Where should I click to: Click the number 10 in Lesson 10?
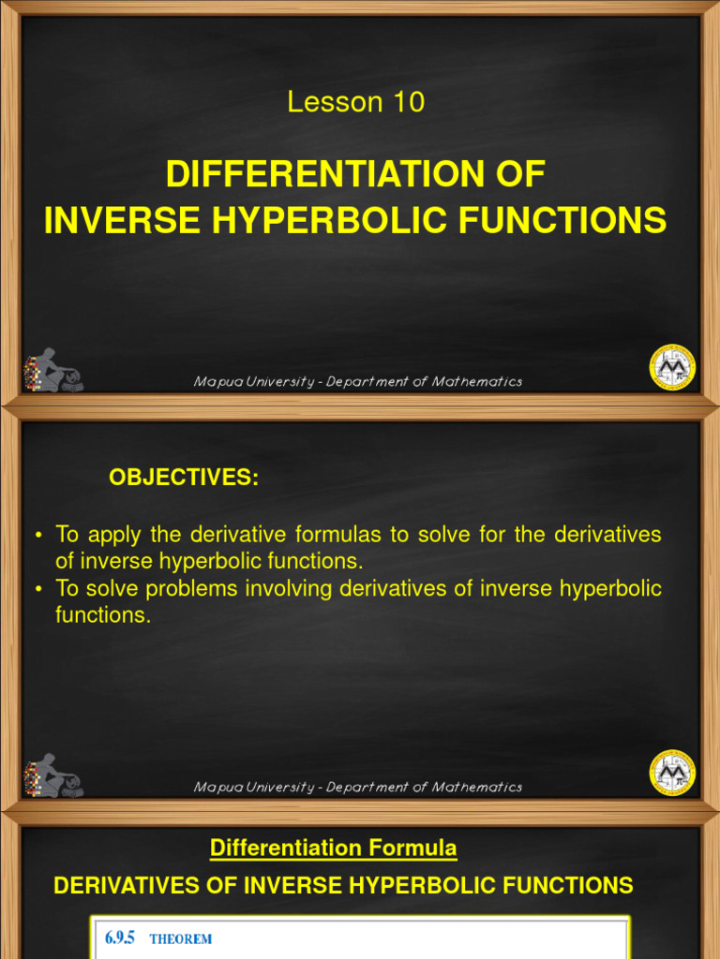tap(409, 103)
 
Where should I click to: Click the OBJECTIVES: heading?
tap(184, 478)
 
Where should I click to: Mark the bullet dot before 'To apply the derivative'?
tap(38, 536)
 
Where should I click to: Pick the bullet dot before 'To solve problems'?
tap(38, 590)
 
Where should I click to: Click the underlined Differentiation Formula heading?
tap(333, 848)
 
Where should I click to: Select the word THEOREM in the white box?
tap(181, 939)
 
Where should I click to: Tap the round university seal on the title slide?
tap(672, 367)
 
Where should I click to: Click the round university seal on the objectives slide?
tap(672, 773)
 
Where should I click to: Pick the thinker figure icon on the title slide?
tap(53, 370)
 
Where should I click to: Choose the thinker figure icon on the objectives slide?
tap(53, 775)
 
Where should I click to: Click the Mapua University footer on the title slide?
tap(357, 381)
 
